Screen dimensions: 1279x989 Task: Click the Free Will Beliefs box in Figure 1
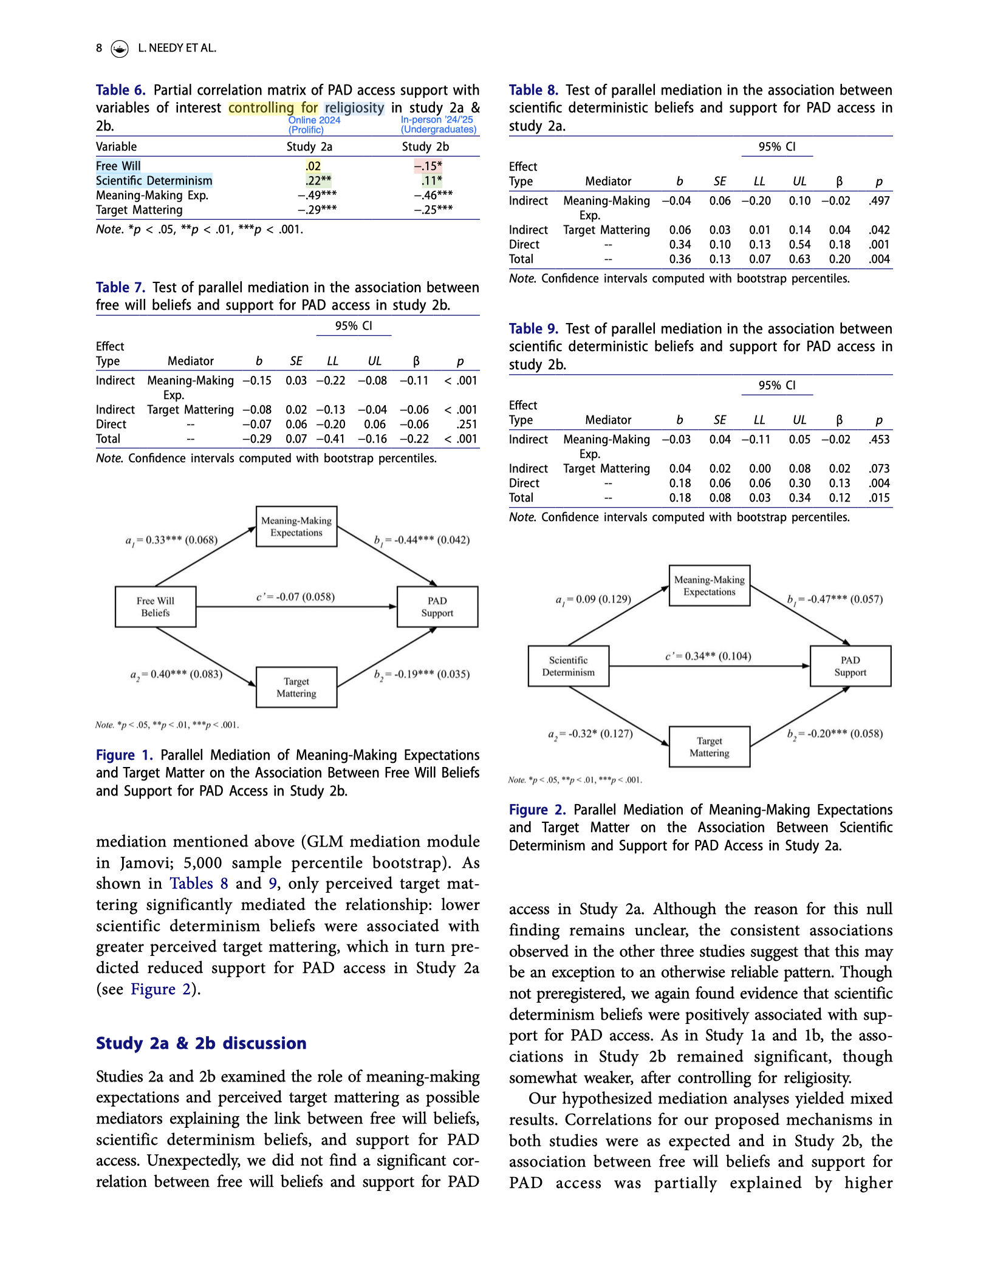tap(156, 607)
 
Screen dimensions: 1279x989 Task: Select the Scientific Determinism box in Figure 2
tap(569, 666)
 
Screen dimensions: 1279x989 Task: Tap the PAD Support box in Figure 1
tap(437, 607)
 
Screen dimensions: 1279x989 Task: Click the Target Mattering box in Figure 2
tap(710, 747)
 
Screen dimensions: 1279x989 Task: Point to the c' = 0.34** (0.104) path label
tap(708, 656)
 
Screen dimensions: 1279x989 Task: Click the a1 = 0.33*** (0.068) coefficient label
tap(171, 540)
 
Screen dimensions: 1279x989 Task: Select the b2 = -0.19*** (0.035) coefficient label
tap(422, 674)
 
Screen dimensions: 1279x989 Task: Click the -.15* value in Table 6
tap(428, 166)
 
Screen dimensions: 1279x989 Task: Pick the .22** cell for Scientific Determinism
tap(318, 180)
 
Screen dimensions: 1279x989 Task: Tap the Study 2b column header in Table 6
tap(425, 146)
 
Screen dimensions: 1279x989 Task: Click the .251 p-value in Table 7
tap(467, 424)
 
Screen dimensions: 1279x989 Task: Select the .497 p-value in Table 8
tap(879, 200)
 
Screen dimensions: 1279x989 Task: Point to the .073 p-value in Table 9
tap(879, 468)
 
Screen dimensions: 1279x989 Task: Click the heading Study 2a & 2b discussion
tap(201, 1043)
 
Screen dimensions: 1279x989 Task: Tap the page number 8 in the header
tap(99, 48)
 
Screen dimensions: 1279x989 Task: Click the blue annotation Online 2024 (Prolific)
tap(314, 124)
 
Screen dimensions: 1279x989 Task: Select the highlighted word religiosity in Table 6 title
tap(354, 107)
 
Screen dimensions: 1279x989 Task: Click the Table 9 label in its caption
tap(533, 329)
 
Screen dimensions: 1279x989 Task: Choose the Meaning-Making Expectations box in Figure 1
tap(296, 527)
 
